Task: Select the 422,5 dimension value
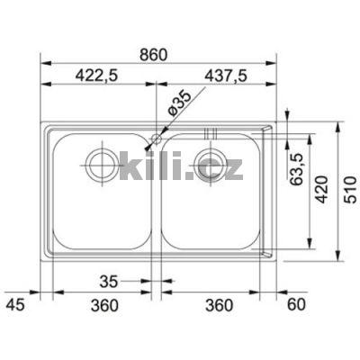pyautogui.click(x=98, y=77)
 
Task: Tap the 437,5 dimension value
pyautogui.click(x=215, y=77)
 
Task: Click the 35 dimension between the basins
pyautogui.click(x=109, y=281)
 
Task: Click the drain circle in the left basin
pyautogui.click(x=99, y=164)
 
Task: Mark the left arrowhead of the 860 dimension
pyautogui.click(x=46, y=66)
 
